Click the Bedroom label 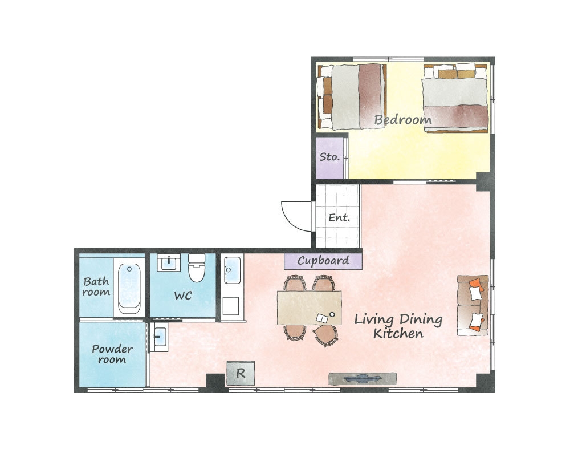(x=403, y=119)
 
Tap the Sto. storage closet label (x=329, y=157)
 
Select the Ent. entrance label (x=339, y=217)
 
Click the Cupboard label (x=323, y=261)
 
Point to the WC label (x=183, y=295)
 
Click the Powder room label (x=112, y=354)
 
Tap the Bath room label (x=96, y=286)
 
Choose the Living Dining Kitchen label (x=398, y=326)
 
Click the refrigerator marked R (x=241, y=373)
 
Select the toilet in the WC (x=197, y=268)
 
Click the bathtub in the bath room (x=129, y=288)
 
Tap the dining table (x=309, y=308)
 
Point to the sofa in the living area (x=473, y=305)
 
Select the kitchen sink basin (x=233, y=270)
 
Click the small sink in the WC (x=169, y=262)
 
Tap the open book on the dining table (x=322, y=319)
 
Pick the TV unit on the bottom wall (x=363, y=379)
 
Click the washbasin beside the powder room (x=159, y=337)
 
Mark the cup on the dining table (x=332, y=314)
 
